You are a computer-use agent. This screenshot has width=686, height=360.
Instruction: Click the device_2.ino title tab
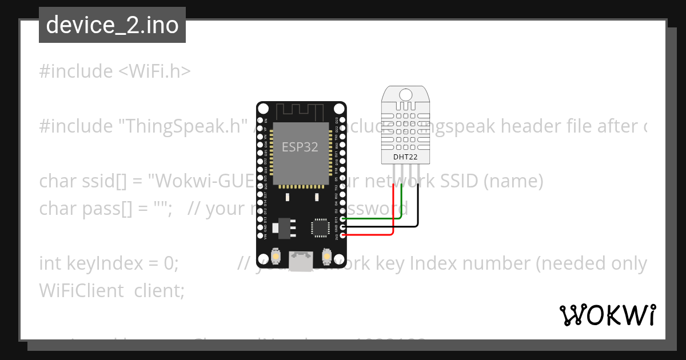point(112,25)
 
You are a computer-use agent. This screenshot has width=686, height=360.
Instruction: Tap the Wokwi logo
point(607,315)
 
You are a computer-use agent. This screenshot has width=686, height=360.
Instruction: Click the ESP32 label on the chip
point(300,147)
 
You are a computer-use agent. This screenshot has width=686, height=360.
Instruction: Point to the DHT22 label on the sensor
point(405,157)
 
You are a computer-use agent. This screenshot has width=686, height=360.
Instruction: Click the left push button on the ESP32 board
point(276,257)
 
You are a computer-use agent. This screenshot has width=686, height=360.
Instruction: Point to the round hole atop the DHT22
point(406,94)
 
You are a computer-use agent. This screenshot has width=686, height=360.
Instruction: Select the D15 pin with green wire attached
point(342,218)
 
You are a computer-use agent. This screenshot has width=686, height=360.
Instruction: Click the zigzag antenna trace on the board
point(301,110)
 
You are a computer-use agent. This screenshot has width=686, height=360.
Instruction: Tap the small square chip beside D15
point(320,227)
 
